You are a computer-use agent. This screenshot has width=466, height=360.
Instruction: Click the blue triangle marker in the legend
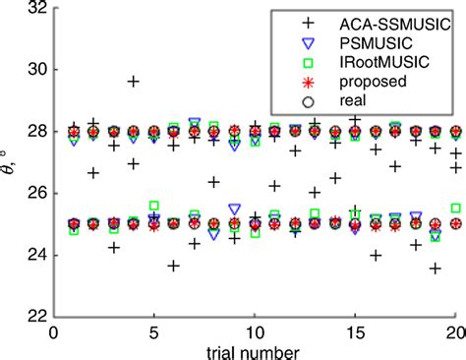(309, 43)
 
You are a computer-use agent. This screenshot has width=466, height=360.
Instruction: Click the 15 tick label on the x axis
(356, 332)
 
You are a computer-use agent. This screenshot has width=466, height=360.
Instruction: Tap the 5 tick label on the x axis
(154, 332)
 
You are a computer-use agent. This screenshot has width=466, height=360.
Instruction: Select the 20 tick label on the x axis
(456, 332)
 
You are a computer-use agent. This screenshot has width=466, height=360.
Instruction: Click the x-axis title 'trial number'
(256, 350)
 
